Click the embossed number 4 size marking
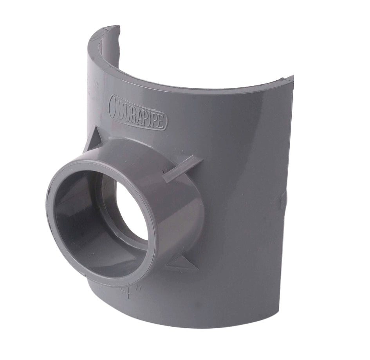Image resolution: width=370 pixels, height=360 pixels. click(x=126, y=292)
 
